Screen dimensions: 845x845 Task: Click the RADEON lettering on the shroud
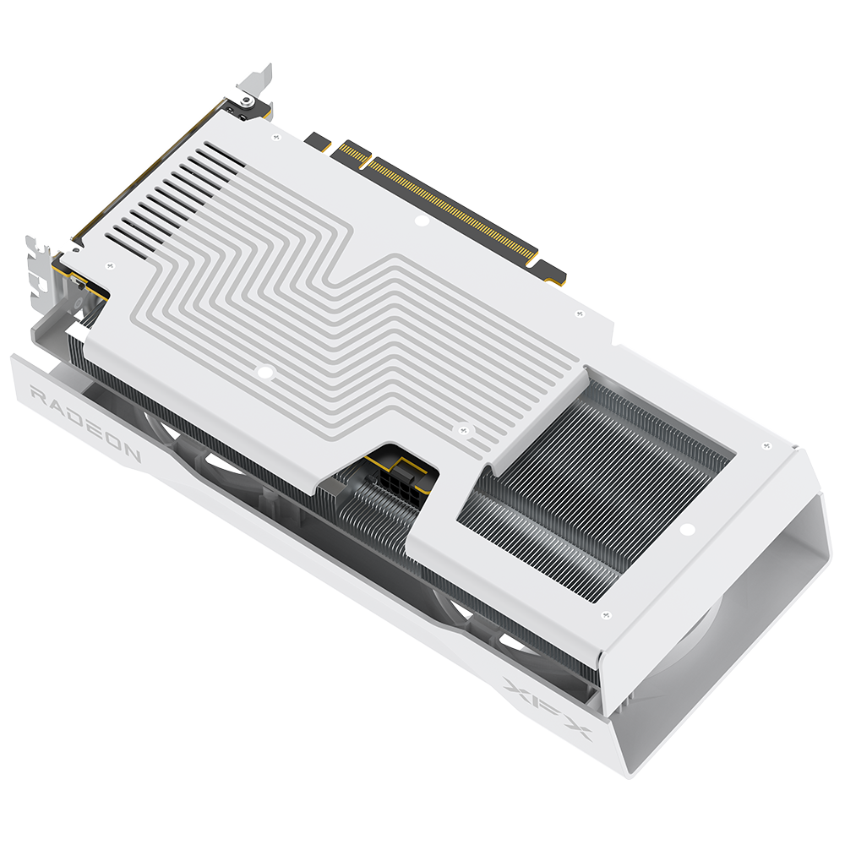(85, 423)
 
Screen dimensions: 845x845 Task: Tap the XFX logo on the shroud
(547, 709)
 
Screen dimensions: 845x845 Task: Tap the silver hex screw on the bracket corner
(246, 100)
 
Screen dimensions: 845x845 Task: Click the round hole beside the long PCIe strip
(422, 220)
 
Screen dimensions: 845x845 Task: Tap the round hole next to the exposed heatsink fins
(686, 529)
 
